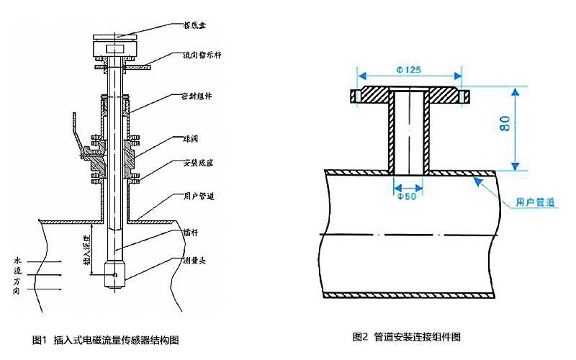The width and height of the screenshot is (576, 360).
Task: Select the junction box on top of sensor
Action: (x=114, y=45)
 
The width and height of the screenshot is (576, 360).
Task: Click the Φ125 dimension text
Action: (x=409, y=70)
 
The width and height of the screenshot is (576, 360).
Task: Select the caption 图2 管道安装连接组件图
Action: (x=407, y=336)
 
